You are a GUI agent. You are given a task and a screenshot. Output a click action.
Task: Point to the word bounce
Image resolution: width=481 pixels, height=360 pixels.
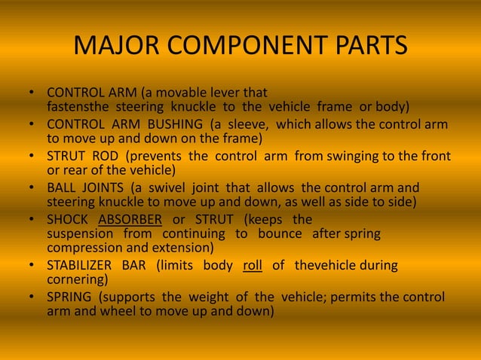[x=280, y=234]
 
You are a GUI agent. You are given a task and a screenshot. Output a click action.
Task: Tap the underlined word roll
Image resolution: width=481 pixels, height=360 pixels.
[x=252, y=265]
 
